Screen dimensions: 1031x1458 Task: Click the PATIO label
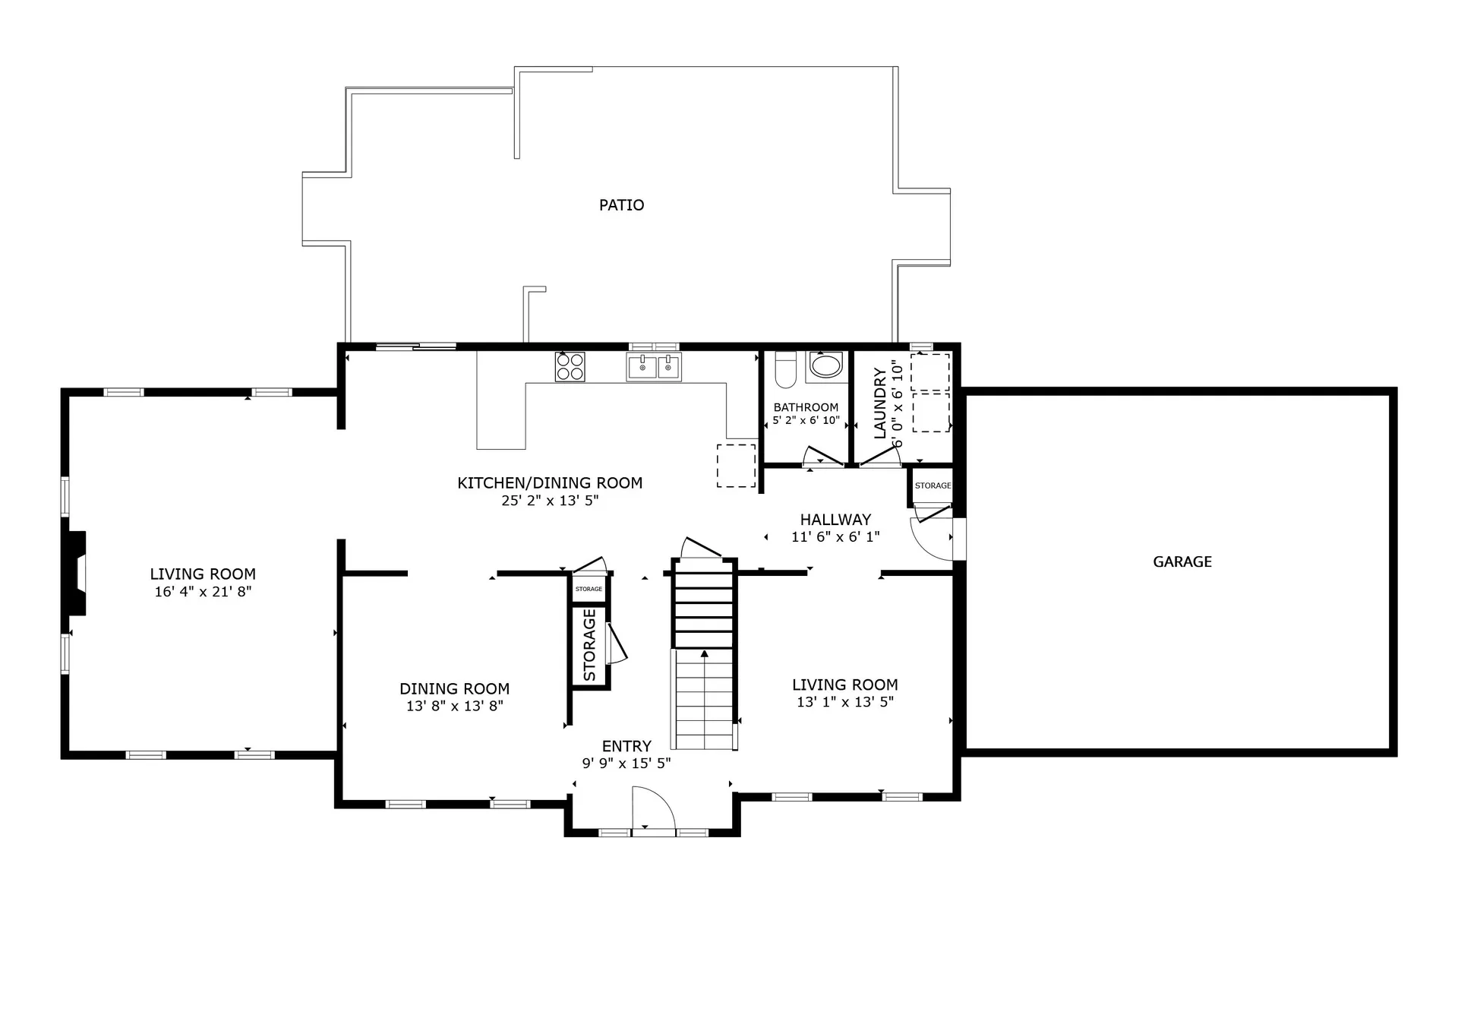click(x=621, y=205)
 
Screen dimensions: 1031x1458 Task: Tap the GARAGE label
click(x=1182, y=562)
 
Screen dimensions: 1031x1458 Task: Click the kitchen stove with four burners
click(x=570, y=367)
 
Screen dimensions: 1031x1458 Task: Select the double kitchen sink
click(x=653, y=367)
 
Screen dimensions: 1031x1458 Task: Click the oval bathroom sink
click(x=825, y=365)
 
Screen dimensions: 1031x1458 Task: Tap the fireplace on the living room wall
click(x=77, y=573)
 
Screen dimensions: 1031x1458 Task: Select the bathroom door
click(x=823, y=457)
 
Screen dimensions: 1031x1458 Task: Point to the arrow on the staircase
click(x=705, y=654)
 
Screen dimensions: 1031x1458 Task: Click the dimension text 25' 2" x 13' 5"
click(x=550, y=501)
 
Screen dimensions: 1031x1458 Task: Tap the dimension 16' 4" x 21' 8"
click(x=203, y=592)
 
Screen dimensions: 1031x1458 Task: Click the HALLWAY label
click(x=835, y=520)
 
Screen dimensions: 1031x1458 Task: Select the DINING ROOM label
click(x=454, y=689)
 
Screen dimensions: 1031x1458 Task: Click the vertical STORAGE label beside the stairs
click(x=589, y=645)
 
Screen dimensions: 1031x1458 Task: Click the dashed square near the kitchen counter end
click(x=736, y=466)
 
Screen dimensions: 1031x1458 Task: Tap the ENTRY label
click(x=626, y=747)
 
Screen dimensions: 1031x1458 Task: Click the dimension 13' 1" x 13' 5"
click(x=844, y=703)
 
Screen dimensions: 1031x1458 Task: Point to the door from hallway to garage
click(x=933, y=538)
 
